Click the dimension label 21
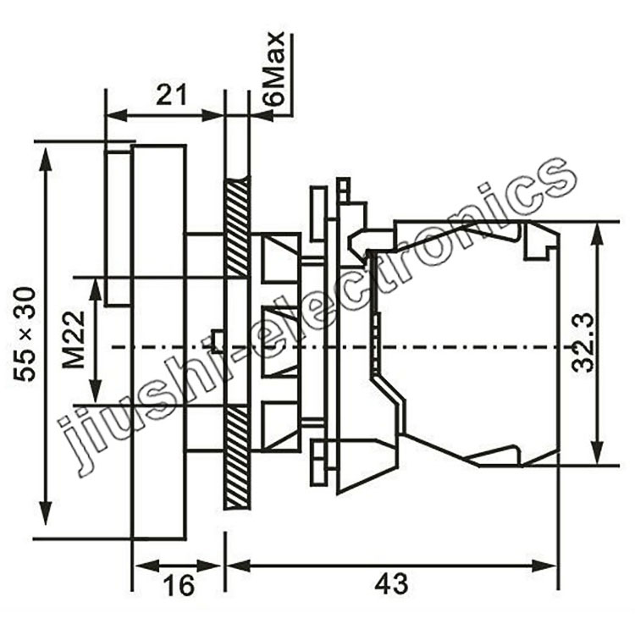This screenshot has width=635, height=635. [172, 96]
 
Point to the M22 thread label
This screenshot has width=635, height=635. [75, 340]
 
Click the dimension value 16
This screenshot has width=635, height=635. [179, 585]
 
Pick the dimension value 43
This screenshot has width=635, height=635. [391, 584]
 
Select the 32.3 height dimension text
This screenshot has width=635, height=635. [583, 343]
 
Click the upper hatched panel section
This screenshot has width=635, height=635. [236, 227]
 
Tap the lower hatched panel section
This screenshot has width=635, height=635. [236, 457]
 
